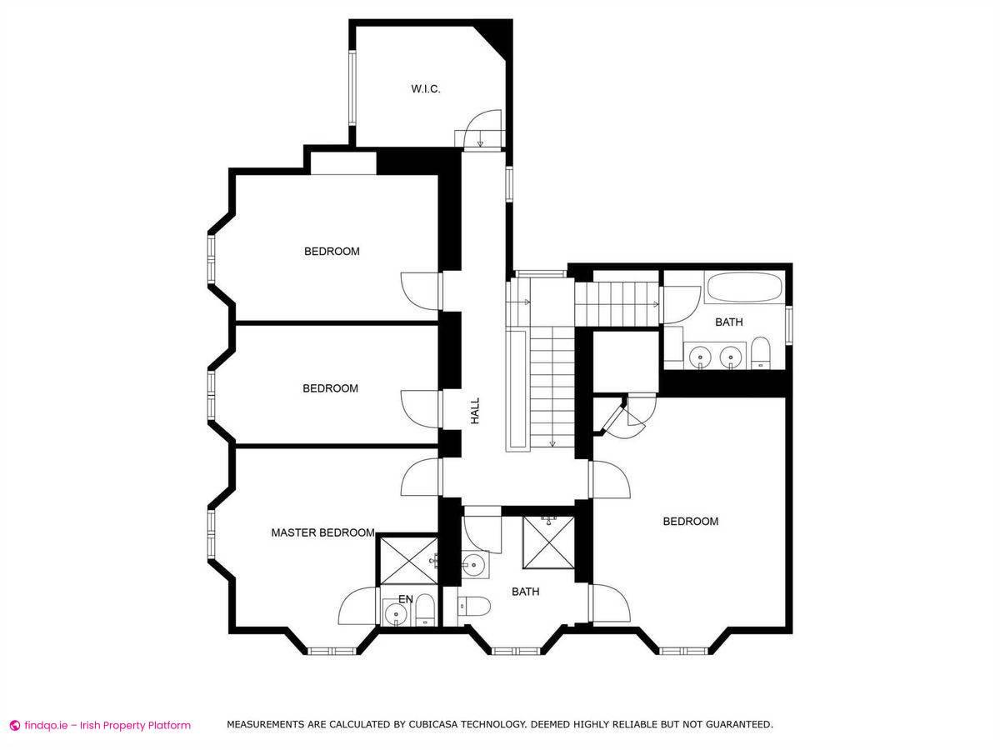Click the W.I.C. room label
click(426, 89)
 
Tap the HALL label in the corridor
click(475, 411)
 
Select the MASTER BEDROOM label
click(323, 532)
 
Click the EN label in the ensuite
click(406, 599)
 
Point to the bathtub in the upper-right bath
click(745, 287)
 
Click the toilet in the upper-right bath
click(760, 352)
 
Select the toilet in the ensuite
click(425, 609)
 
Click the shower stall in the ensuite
click(408, 561)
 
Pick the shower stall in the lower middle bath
click(548, 542)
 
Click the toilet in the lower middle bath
click(474, 607)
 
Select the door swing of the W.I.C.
click(485, 128)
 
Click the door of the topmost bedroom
click(420, 292)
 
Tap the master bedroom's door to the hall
click(421, 477)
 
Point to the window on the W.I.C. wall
click(352, 88)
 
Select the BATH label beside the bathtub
click(729, 322)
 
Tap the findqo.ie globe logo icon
click(14, 725)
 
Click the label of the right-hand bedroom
click(691, 522)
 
